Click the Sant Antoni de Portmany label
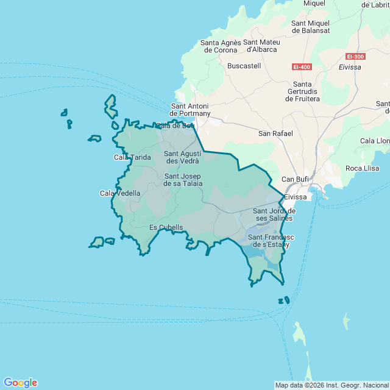190,109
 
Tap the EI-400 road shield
301,66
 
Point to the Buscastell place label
244,65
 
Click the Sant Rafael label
275,133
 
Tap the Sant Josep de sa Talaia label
183,180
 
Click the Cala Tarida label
132,157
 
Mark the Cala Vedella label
120,193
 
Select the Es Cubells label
166,228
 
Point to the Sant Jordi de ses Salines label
274,214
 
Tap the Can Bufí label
295,179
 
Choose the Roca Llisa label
362,168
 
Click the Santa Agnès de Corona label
220,46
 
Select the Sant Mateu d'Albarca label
261,46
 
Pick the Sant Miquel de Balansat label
311,27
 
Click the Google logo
20,383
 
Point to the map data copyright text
331,385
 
